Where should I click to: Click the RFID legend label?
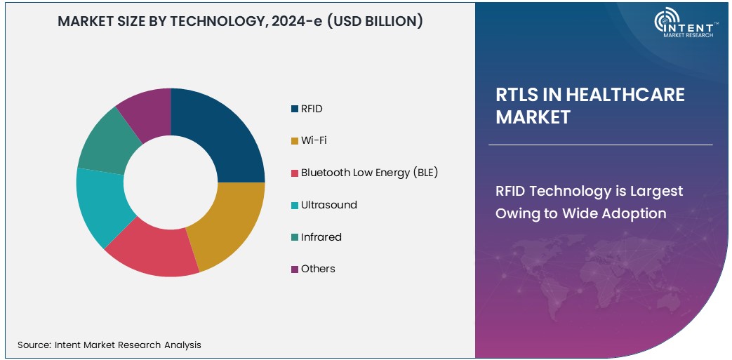tap(312, 109)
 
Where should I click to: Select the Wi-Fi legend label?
tap(314, 140)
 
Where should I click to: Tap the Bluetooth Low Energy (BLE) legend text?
tap(369, 173)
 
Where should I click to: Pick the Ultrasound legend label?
tap(328, 205)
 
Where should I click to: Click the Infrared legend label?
tap(321, 237)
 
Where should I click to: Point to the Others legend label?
tap(318, 269)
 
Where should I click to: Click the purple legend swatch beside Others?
tap(294, 269)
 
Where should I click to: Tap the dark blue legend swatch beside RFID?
tap(294, 109)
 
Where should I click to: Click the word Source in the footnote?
tap(33, 345)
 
